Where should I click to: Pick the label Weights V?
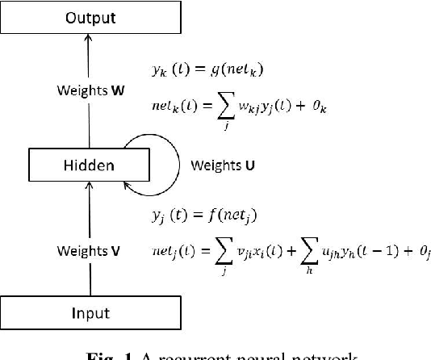[88, 251]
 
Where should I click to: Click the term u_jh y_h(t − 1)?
[366, 253]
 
